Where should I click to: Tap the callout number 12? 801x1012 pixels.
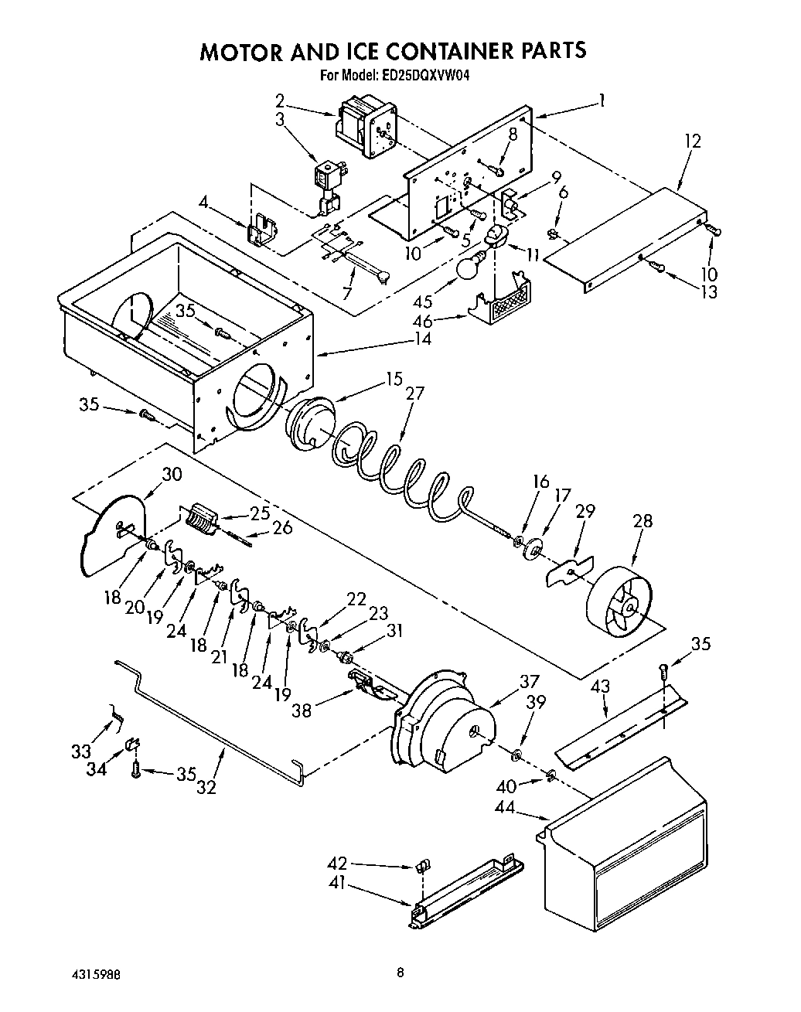(x=692, y=141)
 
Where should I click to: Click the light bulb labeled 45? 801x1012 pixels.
(x=469, y=267)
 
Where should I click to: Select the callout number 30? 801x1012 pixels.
(x=172, y=474)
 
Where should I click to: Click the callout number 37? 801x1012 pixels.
(x=529, y=681)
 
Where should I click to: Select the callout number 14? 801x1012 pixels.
(x=422, y=338)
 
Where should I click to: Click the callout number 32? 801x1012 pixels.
(x=206, y=788)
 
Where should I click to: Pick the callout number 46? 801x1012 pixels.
(x=445, y=319)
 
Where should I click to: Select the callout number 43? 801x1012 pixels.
(x=600, y=686)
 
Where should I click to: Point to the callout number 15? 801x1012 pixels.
(x=394, y=379)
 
